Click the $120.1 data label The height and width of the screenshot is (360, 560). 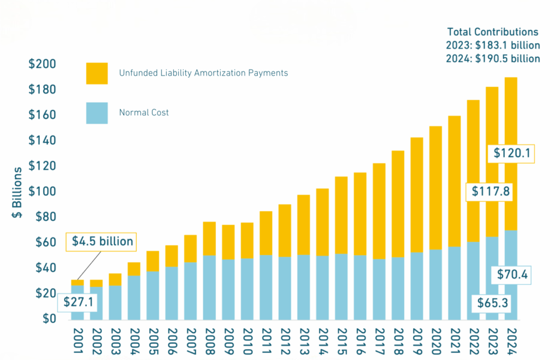[x=511, y=153]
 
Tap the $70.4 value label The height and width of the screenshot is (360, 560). [x=511, y=275]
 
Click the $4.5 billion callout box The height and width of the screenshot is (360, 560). [x=101, y=241]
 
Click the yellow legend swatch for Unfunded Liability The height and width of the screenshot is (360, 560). [x=97, y=73]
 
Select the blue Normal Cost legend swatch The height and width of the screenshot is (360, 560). [x=97, y=113]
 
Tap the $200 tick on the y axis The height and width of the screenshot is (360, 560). [x=42, y=64]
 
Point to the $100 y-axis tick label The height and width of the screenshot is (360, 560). [x=42, y=191]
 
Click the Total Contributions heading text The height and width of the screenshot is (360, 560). [x=493, y=32]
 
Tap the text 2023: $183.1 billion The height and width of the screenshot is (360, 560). [x=493, y=46]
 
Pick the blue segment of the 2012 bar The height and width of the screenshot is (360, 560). [x=285, y=288]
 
